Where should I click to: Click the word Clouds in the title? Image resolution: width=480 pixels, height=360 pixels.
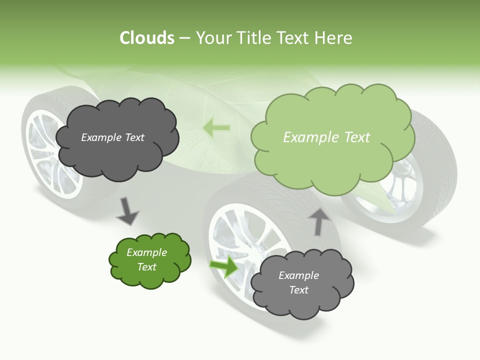147,38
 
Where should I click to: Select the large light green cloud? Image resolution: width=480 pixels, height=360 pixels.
332,150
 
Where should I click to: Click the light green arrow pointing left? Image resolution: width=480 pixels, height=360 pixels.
216,128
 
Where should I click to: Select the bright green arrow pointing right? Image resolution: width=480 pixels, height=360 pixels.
224,266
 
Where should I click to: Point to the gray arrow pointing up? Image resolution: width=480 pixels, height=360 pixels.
318,221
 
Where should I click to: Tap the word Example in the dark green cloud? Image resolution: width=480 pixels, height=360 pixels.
147,252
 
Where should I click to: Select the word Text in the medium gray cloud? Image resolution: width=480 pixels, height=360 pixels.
298,290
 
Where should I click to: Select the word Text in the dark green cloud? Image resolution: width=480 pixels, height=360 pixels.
147,267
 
